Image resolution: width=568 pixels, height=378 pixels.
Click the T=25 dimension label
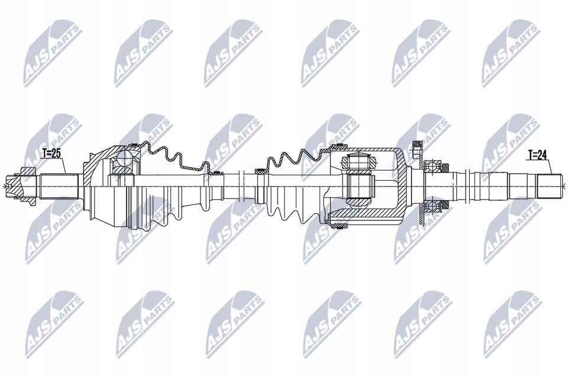point(51,154)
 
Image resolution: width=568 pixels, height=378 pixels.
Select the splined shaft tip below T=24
point(544,187)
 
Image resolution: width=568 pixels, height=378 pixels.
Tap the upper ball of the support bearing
point(437,166)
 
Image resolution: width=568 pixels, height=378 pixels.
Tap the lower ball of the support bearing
point(437,205)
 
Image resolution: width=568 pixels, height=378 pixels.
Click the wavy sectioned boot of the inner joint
point(296,157)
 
